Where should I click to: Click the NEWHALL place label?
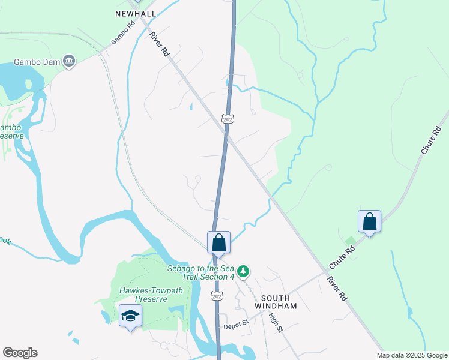(136, 13)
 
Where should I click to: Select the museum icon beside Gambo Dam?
(69, 61)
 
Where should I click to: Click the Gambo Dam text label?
(36, 62)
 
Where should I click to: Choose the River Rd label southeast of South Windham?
(337, 288)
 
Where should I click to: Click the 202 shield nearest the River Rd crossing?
(228, 119)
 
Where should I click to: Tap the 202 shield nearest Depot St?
(217, 296)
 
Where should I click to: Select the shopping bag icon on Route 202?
(219, 243)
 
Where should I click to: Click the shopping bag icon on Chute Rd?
(369, 221)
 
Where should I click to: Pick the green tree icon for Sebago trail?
(243, 272)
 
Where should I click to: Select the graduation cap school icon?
(130, 316)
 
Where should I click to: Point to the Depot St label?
(236, 325)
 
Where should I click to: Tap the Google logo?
(20, 353)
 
